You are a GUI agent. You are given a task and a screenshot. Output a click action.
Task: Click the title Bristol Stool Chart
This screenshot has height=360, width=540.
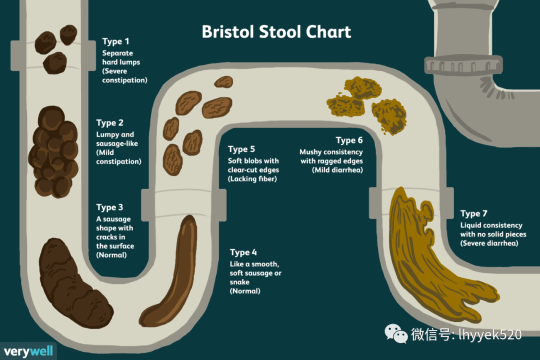276,32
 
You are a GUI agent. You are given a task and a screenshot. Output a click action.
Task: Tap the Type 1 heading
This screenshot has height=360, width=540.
115,41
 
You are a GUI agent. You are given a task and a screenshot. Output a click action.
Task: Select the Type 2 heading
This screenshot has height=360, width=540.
110,123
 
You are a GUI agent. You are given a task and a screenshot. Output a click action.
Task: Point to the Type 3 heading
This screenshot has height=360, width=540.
109,207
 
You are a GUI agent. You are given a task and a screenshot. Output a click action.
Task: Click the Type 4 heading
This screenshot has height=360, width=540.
243,252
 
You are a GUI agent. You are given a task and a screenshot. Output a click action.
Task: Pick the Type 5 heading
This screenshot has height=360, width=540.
241,149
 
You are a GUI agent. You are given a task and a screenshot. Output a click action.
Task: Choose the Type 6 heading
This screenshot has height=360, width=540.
349,140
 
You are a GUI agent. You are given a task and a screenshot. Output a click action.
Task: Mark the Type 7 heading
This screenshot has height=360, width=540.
474,213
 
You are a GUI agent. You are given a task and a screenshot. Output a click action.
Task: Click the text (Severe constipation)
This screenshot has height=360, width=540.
124,76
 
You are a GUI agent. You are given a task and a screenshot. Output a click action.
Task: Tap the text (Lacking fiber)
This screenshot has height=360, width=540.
252,179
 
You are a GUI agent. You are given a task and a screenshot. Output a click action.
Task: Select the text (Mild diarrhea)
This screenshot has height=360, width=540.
337,170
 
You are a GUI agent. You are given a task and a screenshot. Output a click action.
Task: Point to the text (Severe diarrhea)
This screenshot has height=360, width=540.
489,243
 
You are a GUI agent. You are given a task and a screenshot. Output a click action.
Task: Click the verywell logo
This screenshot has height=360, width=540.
28,351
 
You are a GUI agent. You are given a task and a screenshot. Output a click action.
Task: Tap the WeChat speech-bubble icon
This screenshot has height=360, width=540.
396,333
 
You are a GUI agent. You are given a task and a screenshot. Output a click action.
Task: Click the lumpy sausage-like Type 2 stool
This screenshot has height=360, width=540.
53,151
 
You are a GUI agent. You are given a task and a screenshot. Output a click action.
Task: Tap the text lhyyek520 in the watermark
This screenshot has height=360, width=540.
490,334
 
